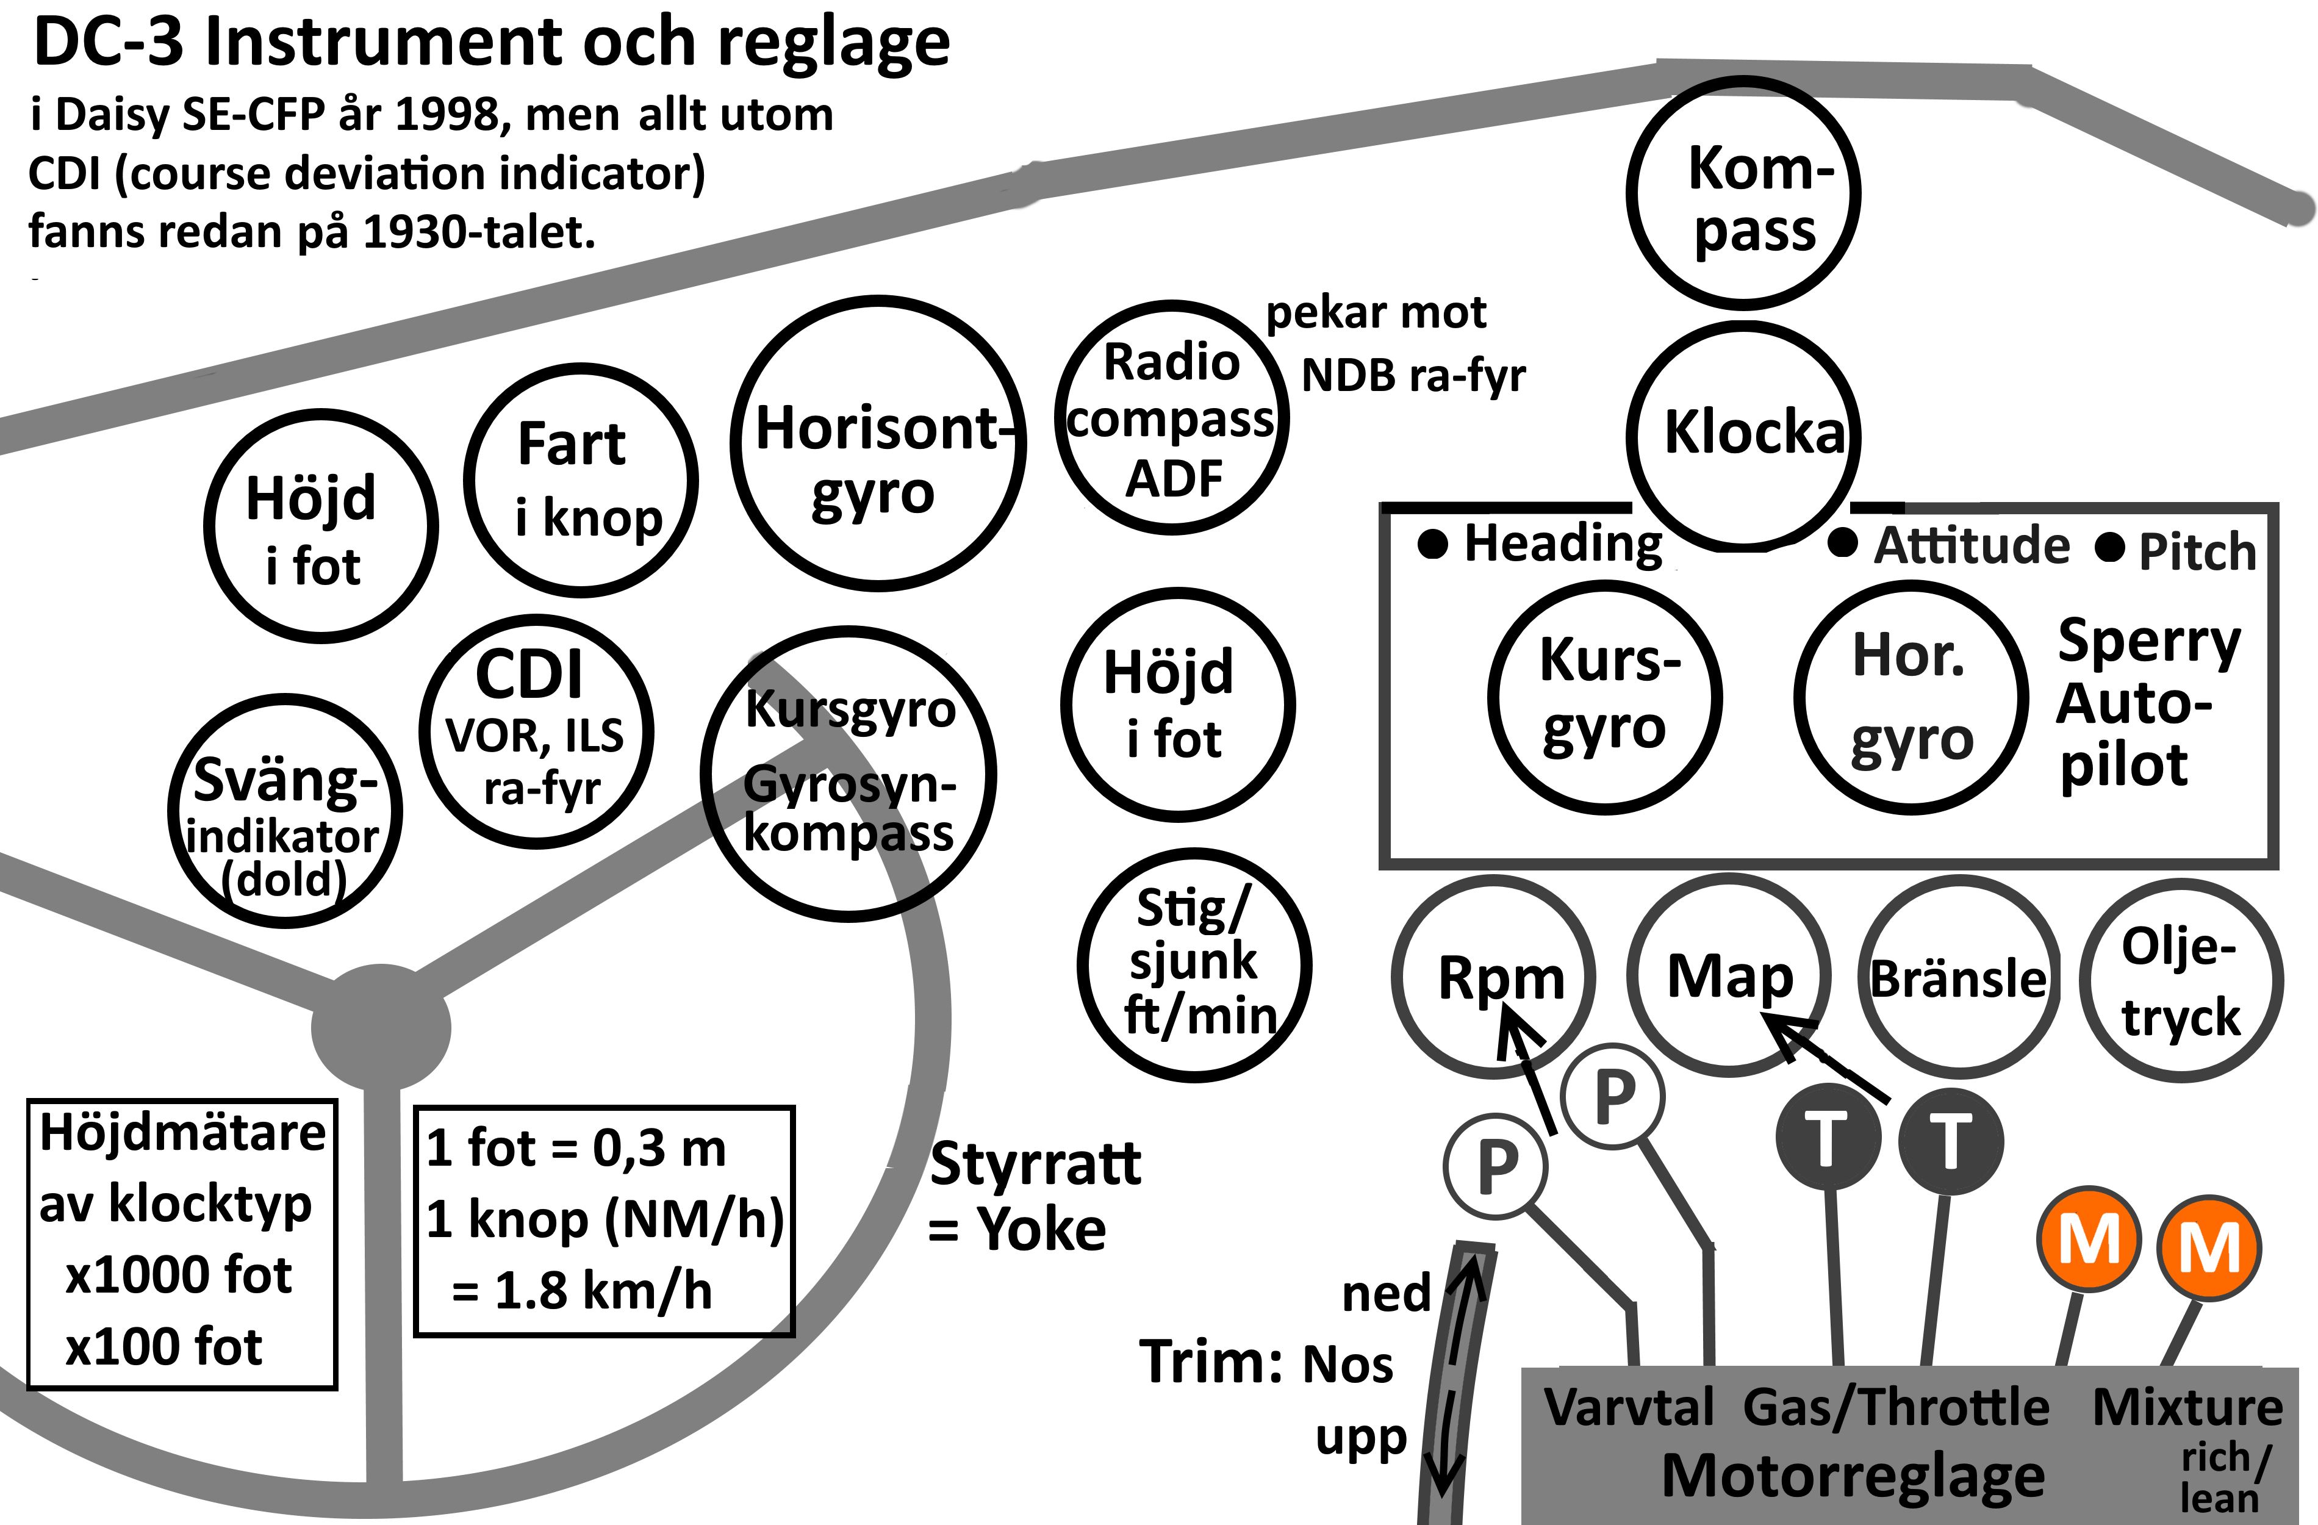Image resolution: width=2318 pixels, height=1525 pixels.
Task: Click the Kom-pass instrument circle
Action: pyautogui.click(x=1743, y=195)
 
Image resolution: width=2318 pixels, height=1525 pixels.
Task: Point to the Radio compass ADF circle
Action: pyautogui.click(x=1172, y=418)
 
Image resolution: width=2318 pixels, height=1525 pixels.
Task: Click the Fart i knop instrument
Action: pyautogui.click(x=581, y=480)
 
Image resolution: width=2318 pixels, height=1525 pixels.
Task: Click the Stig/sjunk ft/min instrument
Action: pyautogui.click(x=1194, y=964)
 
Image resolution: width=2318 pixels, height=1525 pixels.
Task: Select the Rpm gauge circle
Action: pyautogui.click(x=1493, y=977)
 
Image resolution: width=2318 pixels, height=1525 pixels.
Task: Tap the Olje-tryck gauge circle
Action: pyautogui.click(x=2181, y=981)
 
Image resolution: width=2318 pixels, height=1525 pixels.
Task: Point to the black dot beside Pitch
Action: pyautogui.click(x=2109, y=548)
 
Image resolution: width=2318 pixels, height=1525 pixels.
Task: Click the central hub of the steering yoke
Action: pyautogui.click(x=381, y=1027)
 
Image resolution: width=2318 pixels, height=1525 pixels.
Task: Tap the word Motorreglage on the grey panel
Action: pyautogui.click(x=1853, y=1476)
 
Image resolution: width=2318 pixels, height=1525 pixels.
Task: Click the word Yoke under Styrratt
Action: pyautogui.click(x=1042, y=1229)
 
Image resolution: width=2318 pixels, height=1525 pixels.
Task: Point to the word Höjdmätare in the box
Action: pyautogui.click(x=182, y=1133)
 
